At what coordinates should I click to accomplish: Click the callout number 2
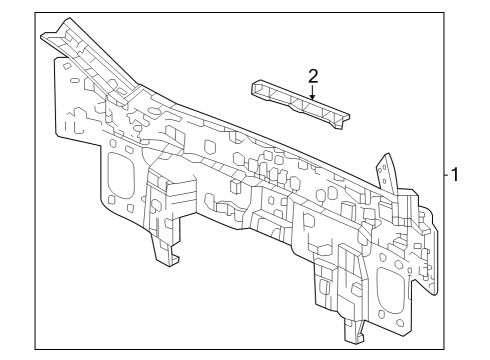313,75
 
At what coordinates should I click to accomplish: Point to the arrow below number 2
313,94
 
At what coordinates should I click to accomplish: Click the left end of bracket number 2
255,88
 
